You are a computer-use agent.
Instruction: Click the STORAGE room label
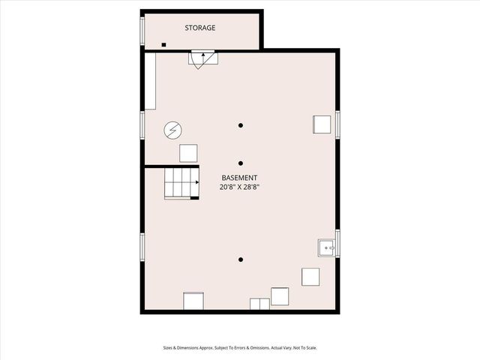click(200, 28)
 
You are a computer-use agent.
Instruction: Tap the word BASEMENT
click(240, 178)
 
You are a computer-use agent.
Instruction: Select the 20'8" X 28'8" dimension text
click(240, 187)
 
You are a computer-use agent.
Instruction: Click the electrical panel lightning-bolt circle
click(172, 130)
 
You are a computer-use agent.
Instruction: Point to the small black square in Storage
click(163, 45)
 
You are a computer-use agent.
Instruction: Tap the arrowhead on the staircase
click(197, 181)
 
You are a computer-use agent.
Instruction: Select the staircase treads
click(180, 182)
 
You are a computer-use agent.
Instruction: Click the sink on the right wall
click(326, 247)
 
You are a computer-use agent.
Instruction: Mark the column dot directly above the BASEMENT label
click(241, 163)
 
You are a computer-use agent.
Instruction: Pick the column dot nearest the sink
click(241, 260)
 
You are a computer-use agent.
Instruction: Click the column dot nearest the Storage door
click(241, 125)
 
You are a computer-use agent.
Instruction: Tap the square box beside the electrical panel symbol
click(188, 152)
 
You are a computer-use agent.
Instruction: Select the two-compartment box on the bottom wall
click(259, 303)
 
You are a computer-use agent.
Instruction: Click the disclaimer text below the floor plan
click(239, 348)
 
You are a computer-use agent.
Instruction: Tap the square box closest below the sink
click(310, 276)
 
